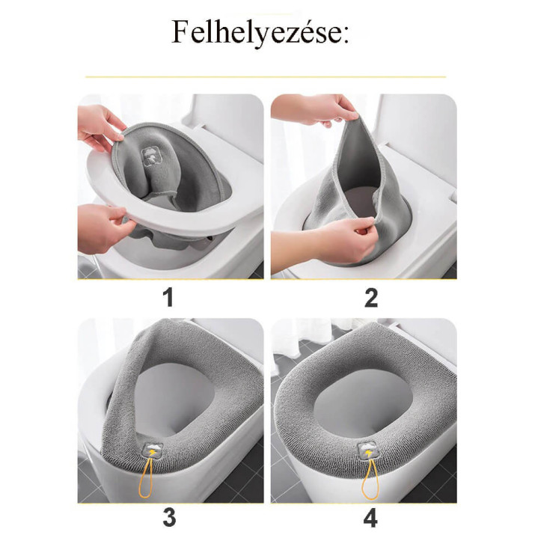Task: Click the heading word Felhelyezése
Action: pyautogui.click(x=260, y=33)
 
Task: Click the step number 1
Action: pyautogui.click(x=168, y=298)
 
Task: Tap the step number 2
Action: pyautogui.click(x=371, y=298)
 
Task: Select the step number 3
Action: pyautogui.click(x=169, y=518)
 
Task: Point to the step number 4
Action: pyautogui.click(x=370, y=518)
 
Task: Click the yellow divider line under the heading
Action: pyautogui.click(x=266, y=77)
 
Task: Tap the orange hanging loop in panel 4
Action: pyautogui.click(x=370, y=480)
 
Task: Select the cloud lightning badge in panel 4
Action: pyautogui.click(x=367, y=450)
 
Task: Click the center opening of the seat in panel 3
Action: pyautogui.click(x=177, y=396)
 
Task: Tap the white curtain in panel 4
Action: pyautogui.click(x=300, y=336)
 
